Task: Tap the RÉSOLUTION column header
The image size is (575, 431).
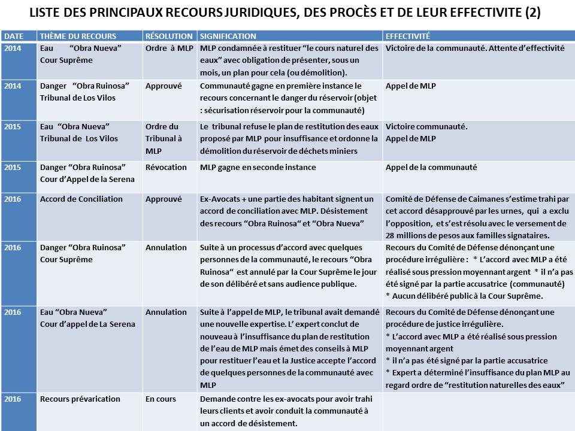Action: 169,37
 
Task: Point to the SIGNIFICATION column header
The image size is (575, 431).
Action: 228,37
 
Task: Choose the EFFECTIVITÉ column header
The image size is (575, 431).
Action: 408,37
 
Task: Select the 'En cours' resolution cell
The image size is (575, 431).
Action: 161,399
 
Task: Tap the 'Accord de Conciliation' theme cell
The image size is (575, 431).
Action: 81,199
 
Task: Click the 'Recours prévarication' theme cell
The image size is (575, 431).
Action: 80,399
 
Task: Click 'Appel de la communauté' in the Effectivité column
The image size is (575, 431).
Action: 431,168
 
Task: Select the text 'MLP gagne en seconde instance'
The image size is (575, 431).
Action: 258,168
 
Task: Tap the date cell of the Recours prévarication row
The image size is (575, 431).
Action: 13,399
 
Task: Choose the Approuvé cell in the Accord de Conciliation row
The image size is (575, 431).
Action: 164,199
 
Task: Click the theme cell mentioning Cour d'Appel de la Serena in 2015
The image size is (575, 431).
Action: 87,174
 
